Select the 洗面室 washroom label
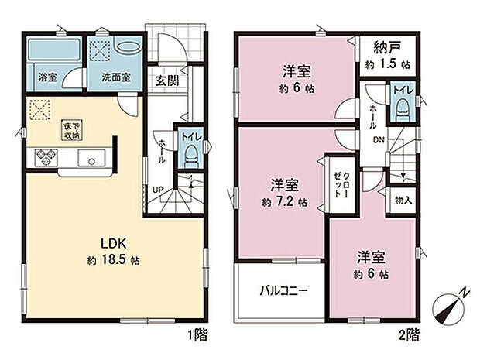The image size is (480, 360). (114, 78)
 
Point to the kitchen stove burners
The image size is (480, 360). (43, 159)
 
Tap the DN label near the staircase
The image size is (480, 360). (379, 139)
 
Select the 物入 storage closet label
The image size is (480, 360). (403, 199)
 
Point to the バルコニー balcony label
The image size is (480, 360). (283, 292)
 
